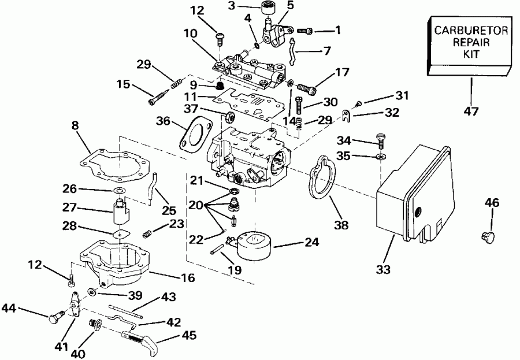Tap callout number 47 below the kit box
[x=471, y=112]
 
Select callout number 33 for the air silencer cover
[x=383, y=269]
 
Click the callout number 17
[x=342, y=73]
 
